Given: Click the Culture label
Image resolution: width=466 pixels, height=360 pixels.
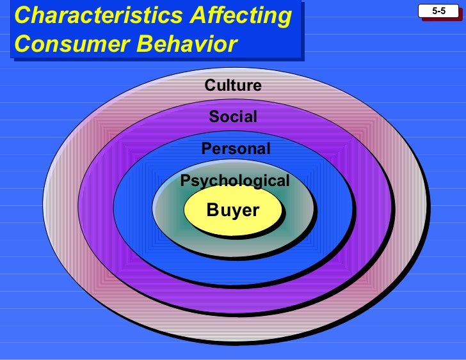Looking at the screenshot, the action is (233, 86).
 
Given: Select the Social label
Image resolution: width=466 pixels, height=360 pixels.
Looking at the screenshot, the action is (233, 117).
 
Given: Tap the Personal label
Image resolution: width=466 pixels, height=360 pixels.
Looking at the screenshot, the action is (236, 149).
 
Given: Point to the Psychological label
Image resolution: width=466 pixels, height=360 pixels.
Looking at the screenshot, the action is (235, 181).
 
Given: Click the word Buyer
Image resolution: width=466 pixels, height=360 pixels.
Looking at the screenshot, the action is (233, 210).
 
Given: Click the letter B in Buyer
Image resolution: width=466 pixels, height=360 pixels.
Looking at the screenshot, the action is (213, 210).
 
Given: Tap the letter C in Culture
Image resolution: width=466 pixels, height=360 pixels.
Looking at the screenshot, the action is (210, 86).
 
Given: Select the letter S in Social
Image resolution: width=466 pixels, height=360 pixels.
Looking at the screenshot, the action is (214, 117).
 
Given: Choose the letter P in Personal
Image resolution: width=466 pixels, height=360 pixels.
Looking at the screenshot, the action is (206, 149).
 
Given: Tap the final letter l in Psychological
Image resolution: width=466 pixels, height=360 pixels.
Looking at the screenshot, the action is (287, 180).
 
